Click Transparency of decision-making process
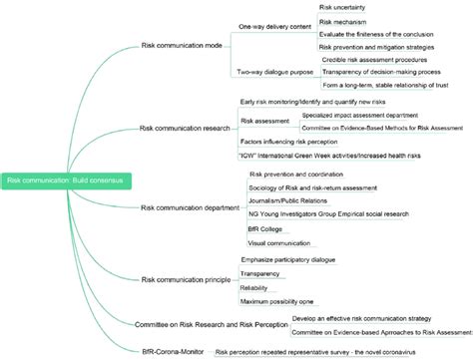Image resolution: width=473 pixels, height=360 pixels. (379, 73)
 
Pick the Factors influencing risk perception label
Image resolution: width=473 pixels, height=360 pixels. (290, 142)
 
